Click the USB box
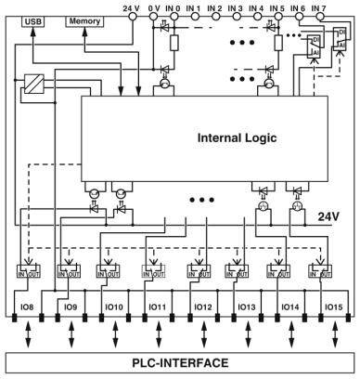point(33,20)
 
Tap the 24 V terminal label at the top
point(131,7)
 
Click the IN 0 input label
point(172,7)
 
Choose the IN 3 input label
point(235,7)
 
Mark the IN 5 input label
point(276,7)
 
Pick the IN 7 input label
point(318,7)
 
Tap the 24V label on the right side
point(328,216)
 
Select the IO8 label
point(28,306)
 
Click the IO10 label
point(113,306)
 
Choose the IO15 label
point(333,306)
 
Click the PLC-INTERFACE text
point(180,362)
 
